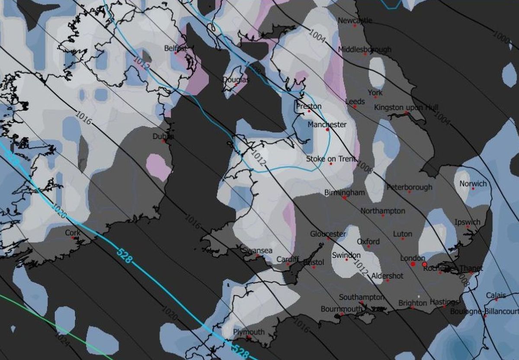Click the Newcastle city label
pyautogui.click(x=355, y=20)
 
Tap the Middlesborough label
pyautogui.click(x=365, y=49)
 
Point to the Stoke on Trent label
pyautogui.click(x=331, y=159)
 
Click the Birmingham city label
pyautogui.click(x=345, y=192)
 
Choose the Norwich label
pyautogui.click(x=473, y=184)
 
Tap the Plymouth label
pyautogui.click(x=248, y=332)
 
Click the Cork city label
pyautogui.click(x=73, y=233)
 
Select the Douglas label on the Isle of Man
pyautogui.click(x=236, y=80)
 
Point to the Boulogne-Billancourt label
pyautogui.click(x=484, y=311)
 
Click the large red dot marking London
pyautogui.click(x=413, y=264)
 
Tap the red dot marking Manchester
pyautogui.click(x=327, y=129)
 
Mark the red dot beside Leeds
pyautogui.click(x=355, y=106)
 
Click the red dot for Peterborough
pyautogui.click(x=409, y=191)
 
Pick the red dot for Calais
pyautogui.click(x=497, y=299)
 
